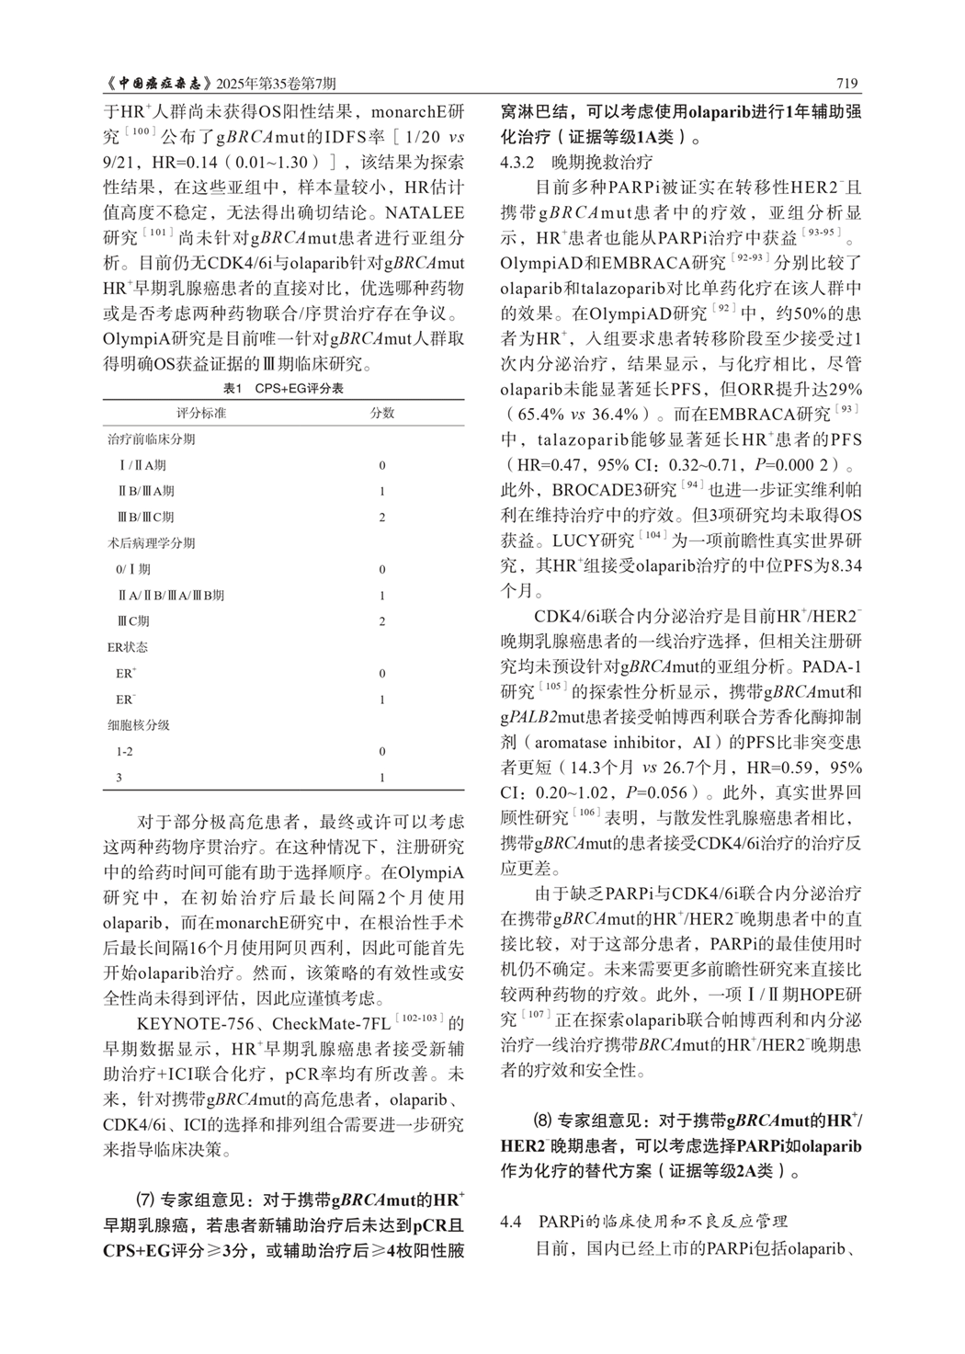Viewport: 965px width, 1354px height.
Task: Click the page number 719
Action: coord(847,84)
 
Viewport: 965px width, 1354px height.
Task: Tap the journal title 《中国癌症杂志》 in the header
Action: coord(157,84)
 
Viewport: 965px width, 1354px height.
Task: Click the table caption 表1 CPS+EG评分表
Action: coord(283,389)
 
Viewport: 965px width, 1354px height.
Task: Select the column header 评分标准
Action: coord(201,413)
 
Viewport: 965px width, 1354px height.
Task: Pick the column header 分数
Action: coord(382,413)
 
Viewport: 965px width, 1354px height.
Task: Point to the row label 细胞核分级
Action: coord(139,725)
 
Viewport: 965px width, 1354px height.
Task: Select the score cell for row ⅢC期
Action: coord(382,621)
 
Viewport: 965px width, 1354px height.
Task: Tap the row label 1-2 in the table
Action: coord(125,751)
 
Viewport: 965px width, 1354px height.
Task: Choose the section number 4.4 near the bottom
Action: coord(511,1222)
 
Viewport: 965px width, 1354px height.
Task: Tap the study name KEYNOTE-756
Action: coord(187,1022)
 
